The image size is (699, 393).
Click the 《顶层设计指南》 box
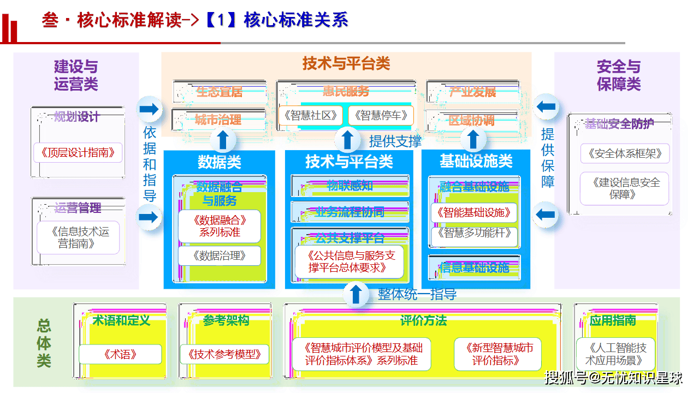(78, 153)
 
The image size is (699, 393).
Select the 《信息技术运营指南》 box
(78, 237)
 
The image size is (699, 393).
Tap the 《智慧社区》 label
(310, 115)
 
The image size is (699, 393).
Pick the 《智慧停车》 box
(381, 115)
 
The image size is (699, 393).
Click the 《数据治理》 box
(220, 255)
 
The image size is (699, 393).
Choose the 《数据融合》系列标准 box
(220, 226)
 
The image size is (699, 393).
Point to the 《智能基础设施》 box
(474, 212)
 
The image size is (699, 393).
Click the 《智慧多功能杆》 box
(474, 234)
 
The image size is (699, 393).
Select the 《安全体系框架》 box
(625, 153)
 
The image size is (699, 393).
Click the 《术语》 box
(120, 354)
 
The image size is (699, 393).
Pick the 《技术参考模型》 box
(225, 354)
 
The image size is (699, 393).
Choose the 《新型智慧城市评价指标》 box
(498, 354)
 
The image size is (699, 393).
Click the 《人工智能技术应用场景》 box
(615, 354)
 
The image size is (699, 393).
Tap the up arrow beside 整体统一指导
(356, 294)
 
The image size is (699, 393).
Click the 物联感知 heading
(350, 186)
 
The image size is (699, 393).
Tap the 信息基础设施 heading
(474, 267)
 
